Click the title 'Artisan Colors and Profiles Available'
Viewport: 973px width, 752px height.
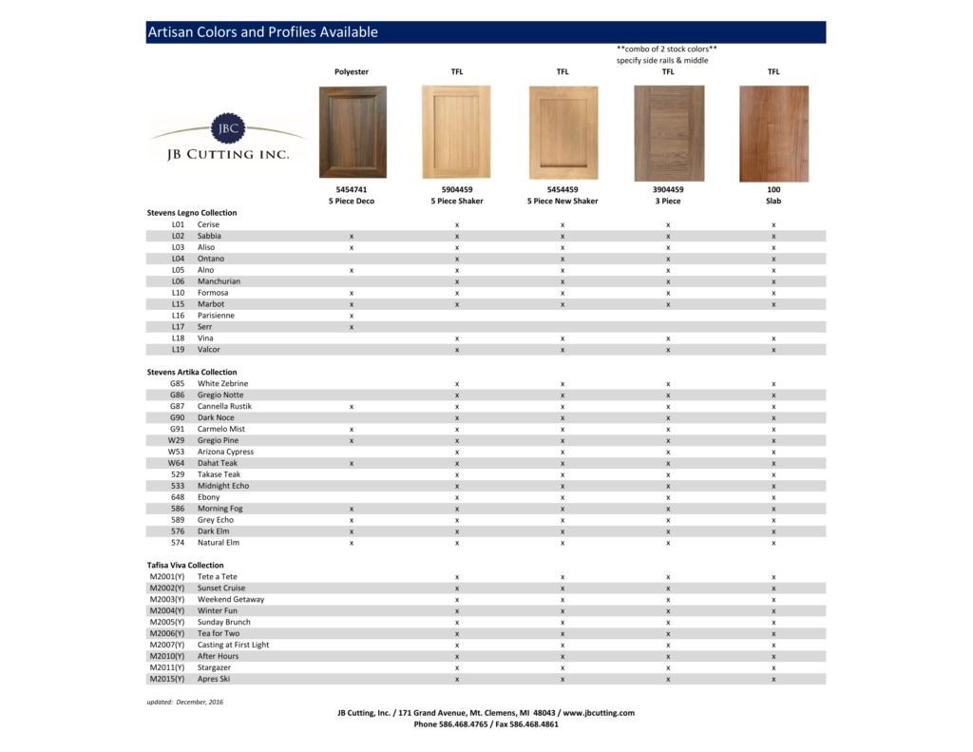coord(262,32)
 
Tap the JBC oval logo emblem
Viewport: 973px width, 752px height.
coord(228,127)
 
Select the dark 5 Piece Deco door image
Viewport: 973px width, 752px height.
coord(352,132)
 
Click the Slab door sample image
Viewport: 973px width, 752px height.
coord(773,133)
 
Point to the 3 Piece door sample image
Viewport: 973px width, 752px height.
coord(668,133)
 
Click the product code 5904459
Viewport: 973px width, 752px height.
coord(457,190)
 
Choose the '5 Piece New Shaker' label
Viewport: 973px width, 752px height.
coord(563,202)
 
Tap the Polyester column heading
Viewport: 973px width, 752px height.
coord(352,72)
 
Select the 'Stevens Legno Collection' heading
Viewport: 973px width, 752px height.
coord(192,213)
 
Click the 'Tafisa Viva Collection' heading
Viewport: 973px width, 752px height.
coord(185,566)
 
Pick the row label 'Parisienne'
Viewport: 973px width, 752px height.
coord(216,316)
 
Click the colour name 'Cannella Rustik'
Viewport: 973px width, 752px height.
coord(225,406)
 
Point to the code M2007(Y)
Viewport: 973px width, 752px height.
coord(167,645)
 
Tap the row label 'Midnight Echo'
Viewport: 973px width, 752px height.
coord(223,486)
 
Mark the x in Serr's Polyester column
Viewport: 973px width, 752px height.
coord(352,327)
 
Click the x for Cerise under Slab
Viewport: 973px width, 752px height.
coord(773,224)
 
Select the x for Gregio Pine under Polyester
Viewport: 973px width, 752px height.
coord(352,440)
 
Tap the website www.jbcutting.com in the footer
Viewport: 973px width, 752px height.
coord(598,713)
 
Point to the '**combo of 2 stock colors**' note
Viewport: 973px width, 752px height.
coord(666,48)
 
